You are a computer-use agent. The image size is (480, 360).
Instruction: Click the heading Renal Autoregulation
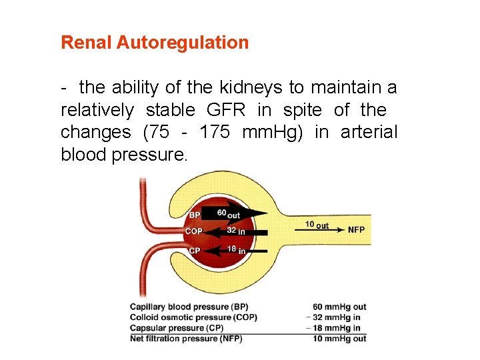(155, 43)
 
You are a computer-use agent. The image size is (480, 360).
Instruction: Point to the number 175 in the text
(215, 132)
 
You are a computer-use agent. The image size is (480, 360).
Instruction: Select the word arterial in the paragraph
(369, 132)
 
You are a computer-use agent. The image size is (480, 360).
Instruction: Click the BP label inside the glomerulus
(195, 215)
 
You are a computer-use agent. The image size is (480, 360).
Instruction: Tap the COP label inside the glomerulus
(194, 232)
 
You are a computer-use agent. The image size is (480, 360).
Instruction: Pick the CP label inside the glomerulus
(195, 251)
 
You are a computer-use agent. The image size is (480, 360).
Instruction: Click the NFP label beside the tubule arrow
(356, 229)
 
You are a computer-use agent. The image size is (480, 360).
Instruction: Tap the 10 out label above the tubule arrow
(317, 225)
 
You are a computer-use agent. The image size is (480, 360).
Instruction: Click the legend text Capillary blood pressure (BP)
(189, 307)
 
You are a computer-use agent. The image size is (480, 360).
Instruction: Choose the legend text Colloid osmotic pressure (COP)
(193, 317)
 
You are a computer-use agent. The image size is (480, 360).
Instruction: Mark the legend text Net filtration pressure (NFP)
(186, 338)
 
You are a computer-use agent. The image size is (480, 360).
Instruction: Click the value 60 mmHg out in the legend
(339, 307)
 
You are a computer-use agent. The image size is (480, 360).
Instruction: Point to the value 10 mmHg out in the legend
(339, 338)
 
